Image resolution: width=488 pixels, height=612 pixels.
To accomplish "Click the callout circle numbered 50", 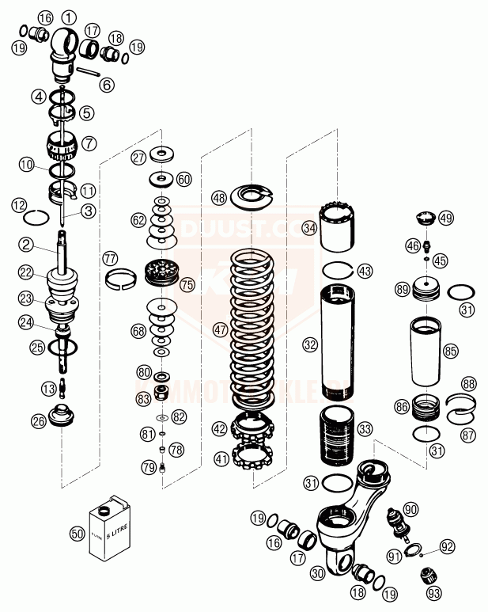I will tap(77, 534).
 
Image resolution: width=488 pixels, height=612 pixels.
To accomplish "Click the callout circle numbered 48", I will tap(219, 197).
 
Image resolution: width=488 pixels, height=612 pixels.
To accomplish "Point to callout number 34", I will tap(309, 228).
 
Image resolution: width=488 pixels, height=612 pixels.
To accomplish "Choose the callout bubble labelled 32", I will tap(309, 344).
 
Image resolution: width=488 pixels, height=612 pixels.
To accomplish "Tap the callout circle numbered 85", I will tap(451, 349).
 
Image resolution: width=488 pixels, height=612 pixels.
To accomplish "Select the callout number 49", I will tap(446, 218).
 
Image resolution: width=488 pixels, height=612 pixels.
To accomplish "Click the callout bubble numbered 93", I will tap(433, 591).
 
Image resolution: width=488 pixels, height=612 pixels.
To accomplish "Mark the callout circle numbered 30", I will tap(318, 572).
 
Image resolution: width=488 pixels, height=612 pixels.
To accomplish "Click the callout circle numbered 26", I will tap(39, 422).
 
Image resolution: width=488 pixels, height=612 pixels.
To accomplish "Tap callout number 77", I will tap(109, 258).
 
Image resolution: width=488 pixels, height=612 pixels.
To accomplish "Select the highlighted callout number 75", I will tap(187, 283).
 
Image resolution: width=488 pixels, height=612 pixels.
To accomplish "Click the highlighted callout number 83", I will tap(143, 399).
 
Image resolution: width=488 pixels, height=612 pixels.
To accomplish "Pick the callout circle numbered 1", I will tap(70, 17).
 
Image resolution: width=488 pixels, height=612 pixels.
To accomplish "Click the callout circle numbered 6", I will tap(107, 84).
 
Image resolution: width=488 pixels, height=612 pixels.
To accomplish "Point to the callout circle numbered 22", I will tap(27, 272).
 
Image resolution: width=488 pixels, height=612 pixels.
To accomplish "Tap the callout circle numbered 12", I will tap(19, 205).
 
